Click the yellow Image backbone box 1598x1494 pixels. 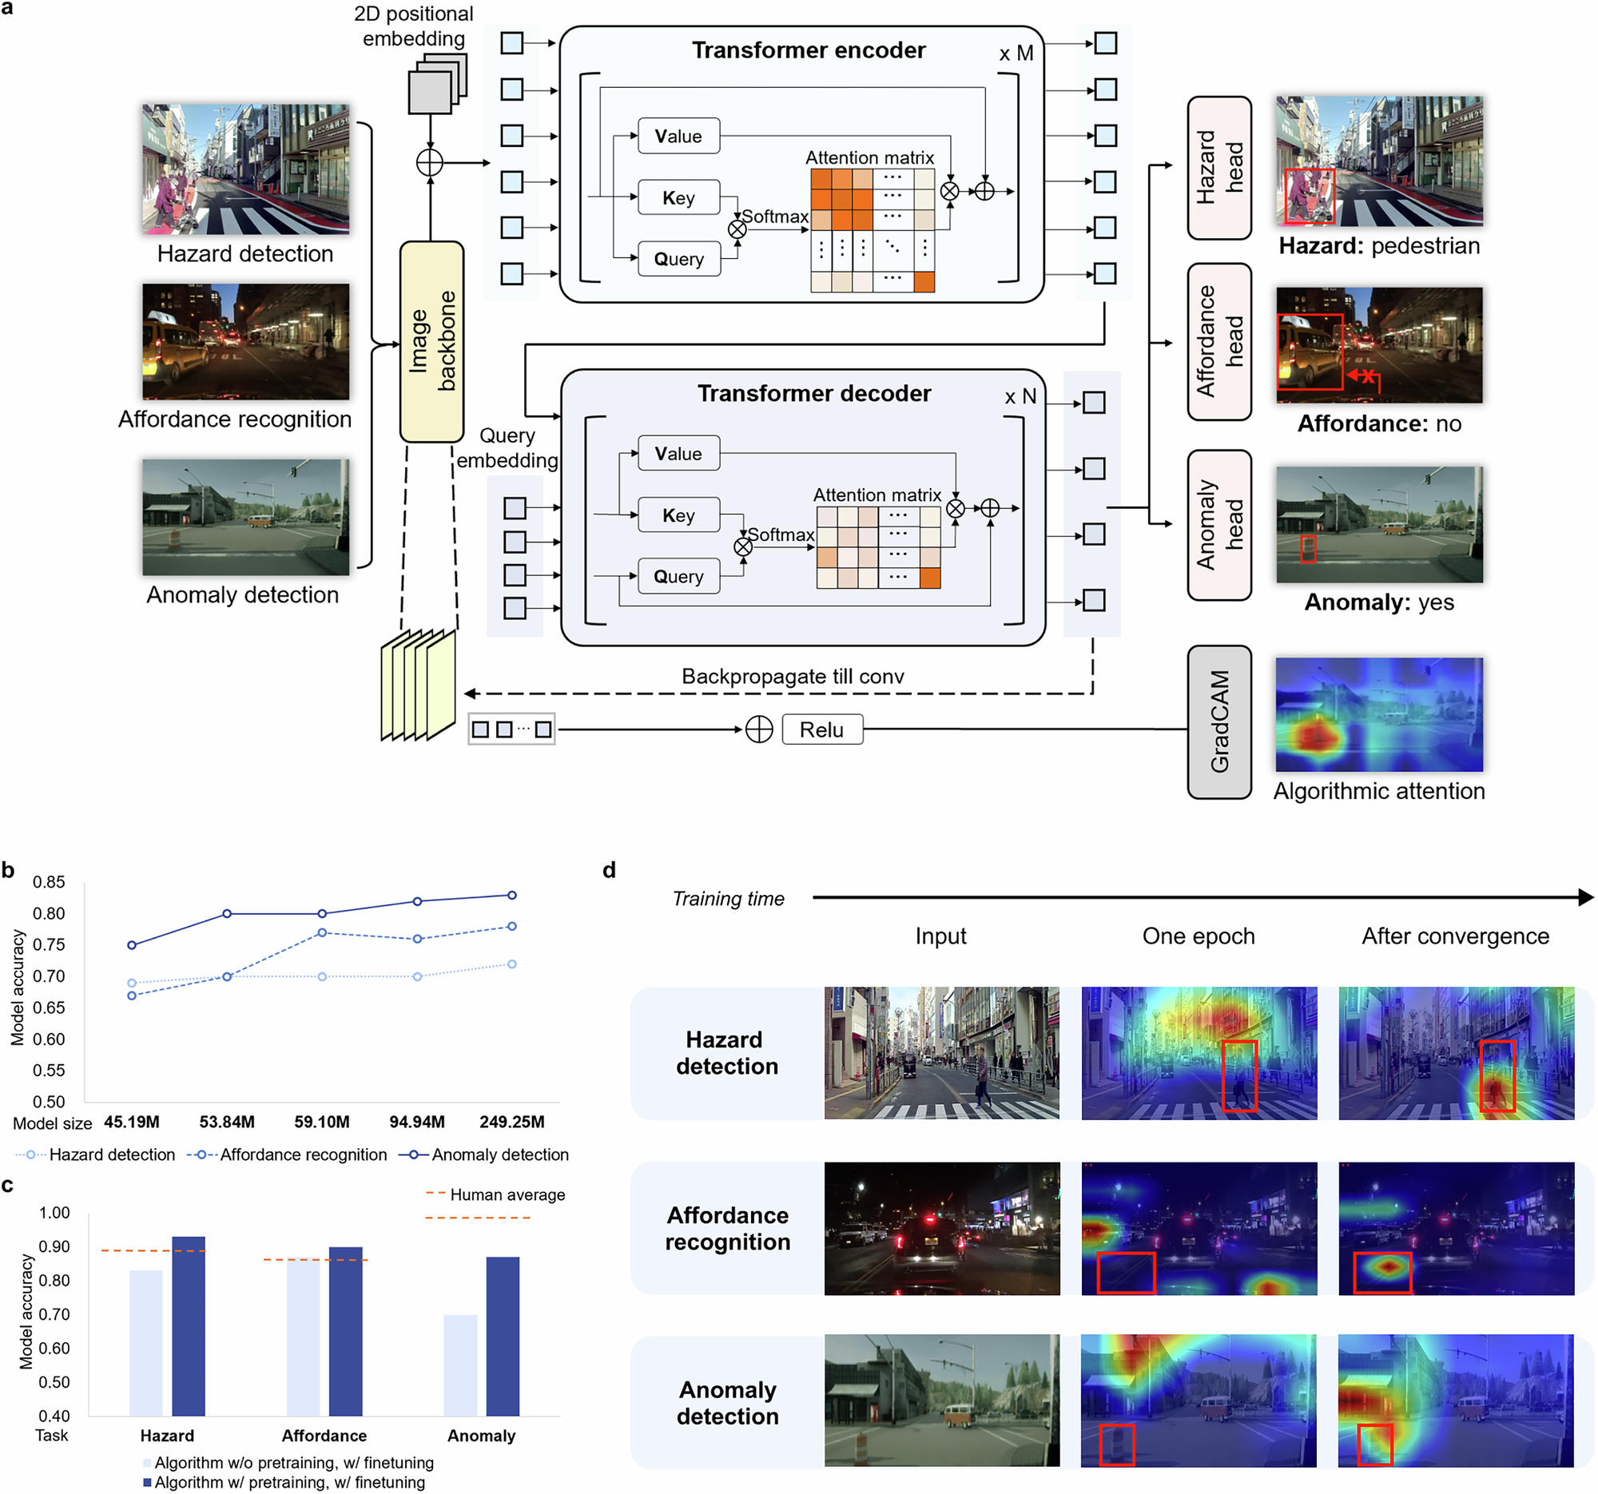(431, 342)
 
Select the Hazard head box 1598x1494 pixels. (1218, 168)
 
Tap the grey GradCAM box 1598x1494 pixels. (1218, 721)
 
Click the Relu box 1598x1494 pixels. (821, 729)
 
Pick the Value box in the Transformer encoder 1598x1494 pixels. (678, 137)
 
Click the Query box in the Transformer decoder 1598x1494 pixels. (678, 576)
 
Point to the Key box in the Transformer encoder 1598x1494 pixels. (678, 197)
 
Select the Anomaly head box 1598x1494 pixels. (1218, 525)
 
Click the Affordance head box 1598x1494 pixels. (1218, 342)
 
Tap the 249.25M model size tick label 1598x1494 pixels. (512, 1122)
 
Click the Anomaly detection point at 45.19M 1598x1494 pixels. (132, 945)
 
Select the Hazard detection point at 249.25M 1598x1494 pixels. (512, 964)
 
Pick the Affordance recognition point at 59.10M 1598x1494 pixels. (322, 933)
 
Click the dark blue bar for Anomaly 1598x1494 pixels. (503, 1337)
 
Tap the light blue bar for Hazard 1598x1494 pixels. (145, 1343)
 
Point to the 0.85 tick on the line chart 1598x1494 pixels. (48, 882)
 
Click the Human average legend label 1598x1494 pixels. (507, 1195)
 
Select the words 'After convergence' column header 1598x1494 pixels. (1455, 936)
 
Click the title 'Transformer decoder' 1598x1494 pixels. (813, 394)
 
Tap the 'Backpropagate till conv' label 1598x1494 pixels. (793, 677)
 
